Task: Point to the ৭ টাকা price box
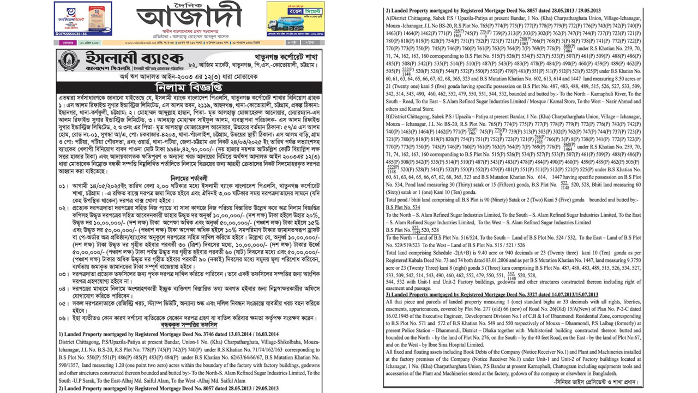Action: click(x=310, y=42)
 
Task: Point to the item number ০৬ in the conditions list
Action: click(x=63, y=317)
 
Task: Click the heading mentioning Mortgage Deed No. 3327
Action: click(x=491, y=295)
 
